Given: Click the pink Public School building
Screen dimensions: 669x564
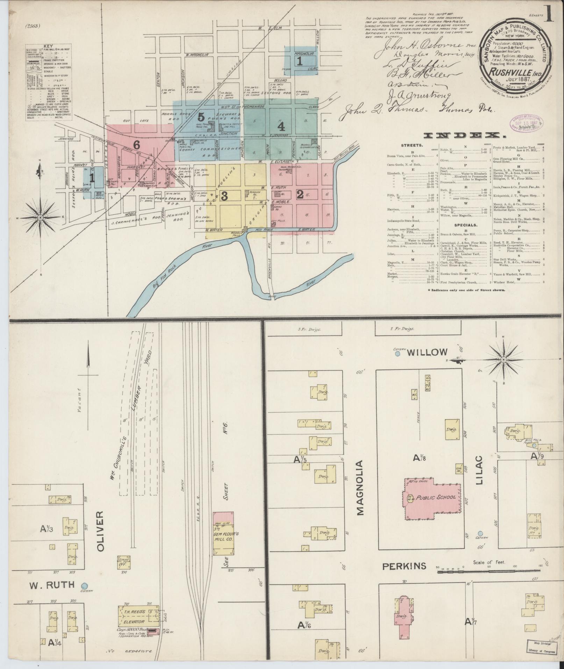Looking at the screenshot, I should [x=433, y=497].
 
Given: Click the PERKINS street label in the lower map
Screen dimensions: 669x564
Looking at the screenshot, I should [x=404, y=566].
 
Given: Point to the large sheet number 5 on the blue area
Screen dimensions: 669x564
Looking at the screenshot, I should [x=200, y=116].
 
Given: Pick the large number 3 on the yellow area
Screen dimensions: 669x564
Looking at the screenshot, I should [x=224, y=196].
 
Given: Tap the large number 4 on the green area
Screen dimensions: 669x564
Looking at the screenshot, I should [x=281, y=125].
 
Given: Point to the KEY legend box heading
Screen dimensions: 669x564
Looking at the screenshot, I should [x=48, y=46].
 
